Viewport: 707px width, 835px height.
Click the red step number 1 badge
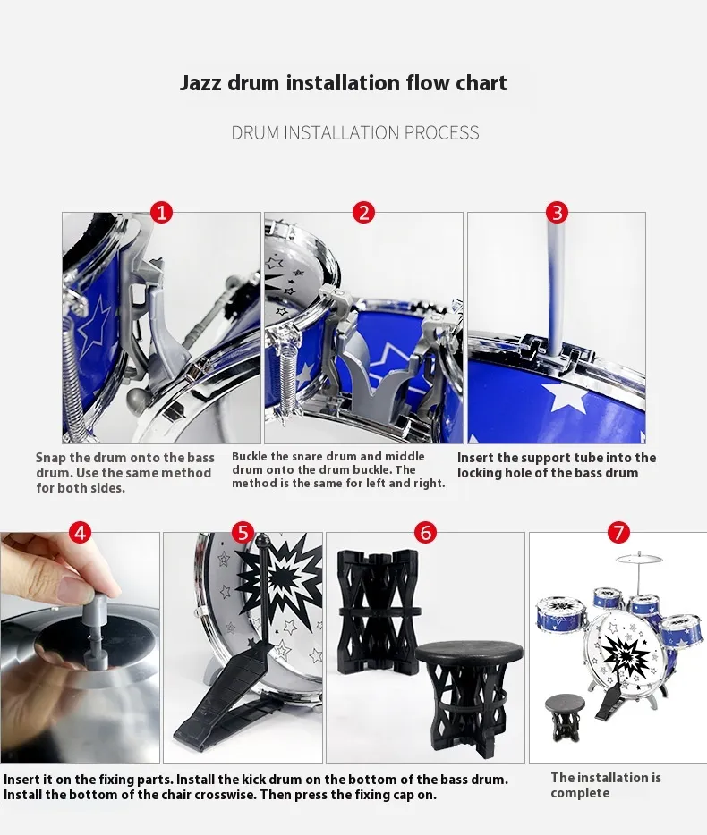point(161,213)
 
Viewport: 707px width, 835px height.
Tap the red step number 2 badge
point(363,213)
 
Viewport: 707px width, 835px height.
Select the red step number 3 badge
point(558,213)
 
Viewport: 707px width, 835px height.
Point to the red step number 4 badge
point(80,532)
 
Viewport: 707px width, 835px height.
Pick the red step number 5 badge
point(243,532)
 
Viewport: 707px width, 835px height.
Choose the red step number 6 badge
point(425,532)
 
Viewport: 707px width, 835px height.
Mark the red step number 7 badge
point(618,532)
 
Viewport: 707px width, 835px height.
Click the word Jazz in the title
point(200,83)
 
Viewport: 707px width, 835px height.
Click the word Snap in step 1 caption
point(51,458)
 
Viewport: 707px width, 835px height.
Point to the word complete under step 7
point(580,793)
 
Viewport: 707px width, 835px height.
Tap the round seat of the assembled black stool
point(469,655)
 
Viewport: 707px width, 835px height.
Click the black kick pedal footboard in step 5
point(226,703)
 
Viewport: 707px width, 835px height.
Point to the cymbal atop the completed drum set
point(639,559)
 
